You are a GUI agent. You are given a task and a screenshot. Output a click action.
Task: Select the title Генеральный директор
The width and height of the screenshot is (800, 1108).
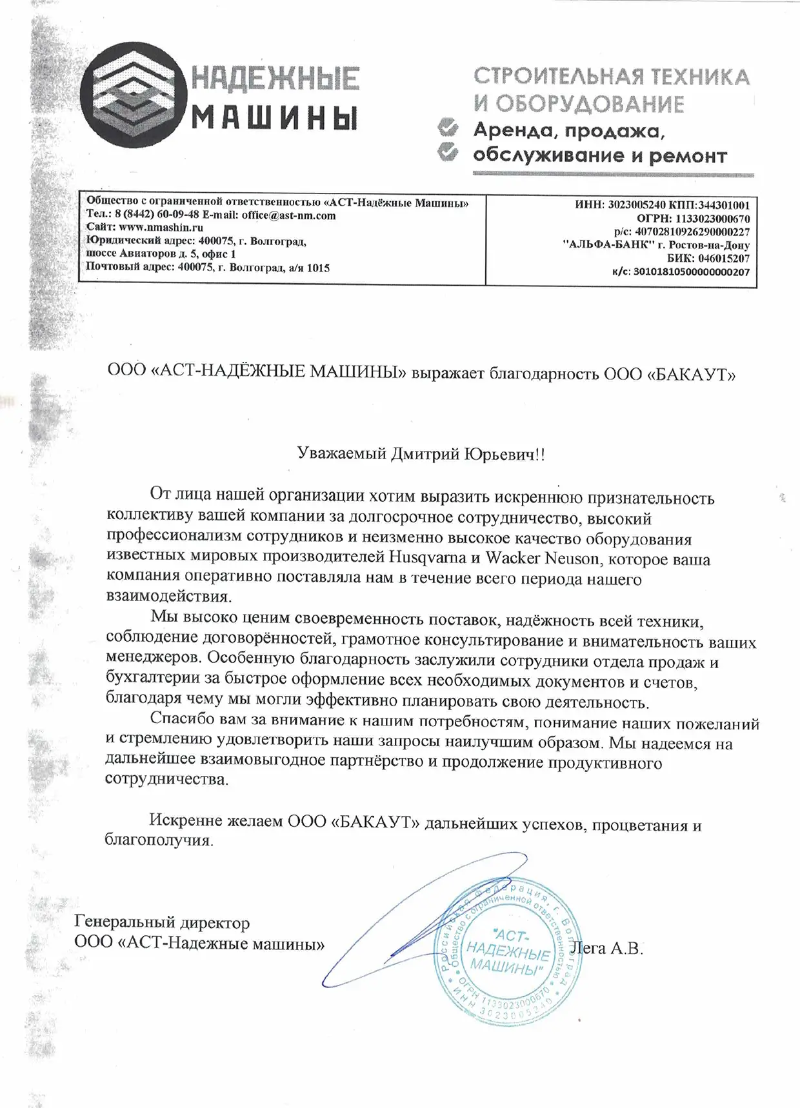pos(162,924)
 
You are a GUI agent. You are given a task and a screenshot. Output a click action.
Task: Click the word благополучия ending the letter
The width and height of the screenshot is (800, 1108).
pos(158,841)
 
